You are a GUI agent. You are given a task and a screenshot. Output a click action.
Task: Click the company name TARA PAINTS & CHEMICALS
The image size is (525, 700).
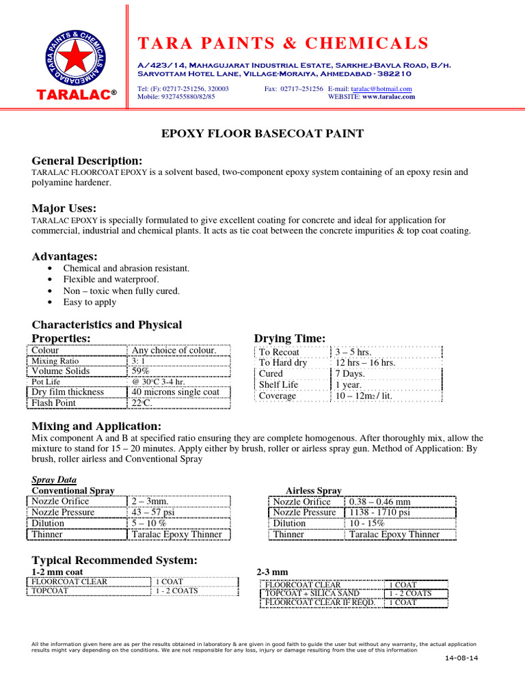click(x=283, y=44)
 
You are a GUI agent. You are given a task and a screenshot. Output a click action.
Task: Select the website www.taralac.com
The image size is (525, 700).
click(x=388, y=97)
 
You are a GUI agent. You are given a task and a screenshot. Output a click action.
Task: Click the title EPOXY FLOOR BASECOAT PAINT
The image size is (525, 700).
click(x=262, y=133)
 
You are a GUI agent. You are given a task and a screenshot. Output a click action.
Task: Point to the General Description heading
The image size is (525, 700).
click(x=87, y=160)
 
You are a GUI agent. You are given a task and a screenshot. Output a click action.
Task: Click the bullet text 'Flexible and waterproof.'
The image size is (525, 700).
click(x=111, y=280)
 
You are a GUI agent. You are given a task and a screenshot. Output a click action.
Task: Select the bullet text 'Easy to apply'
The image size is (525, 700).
click(x=90, y=302)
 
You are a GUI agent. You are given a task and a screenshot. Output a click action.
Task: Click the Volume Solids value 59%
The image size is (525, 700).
click(x=143, y=371)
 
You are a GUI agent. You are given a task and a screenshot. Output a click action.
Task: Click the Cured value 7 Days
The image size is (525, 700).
click(x=350, y=374)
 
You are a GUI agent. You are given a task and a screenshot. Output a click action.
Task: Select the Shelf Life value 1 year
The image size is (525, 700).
click(x=348, y=385)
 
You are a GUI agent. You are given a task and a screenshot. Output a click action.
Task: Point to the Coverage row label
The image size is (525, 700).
click(x=278, y=396)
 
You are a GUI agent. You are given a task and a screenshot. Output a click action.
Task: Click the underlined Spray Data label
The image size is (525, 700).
click(x=55, y=480)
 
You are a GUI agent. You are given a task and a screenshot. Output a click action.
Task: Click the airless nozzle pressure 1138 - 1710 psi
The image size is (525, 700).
click(x=379, y=512)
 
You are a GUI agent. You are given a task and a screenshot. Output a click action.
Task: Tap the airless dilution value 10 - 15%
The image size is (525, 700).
click(x=367, y=523)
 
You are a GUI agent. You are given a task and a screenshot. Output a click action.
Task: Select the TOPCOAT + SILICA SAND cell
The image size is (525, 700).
click(x=312, y=593)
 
